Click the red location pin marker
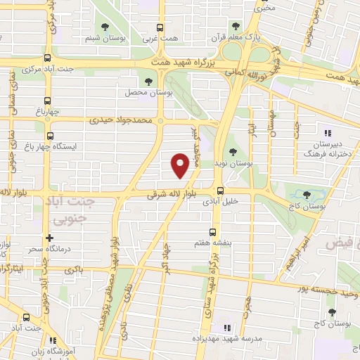point(179,165)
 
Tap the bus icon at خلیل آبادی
point(221,190)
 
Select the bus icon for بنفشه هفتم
point(212,231)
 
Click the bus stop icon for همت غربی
point(160,27)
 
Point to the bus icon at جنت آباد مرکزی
point(47,59)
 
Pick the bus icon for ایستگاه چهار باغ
point(49,136)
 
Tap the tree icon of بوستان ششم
point(105,27)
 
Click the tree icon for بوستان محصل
point(148,82)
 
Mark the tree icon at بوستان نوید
point(233,152)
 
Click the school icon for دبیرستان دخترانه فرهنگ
point(326,132)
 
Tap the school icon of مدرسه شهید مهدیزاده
point(226,328)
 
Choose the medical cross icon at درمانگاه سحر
point(49,238)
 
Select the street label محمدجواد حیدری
point(120,120)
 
